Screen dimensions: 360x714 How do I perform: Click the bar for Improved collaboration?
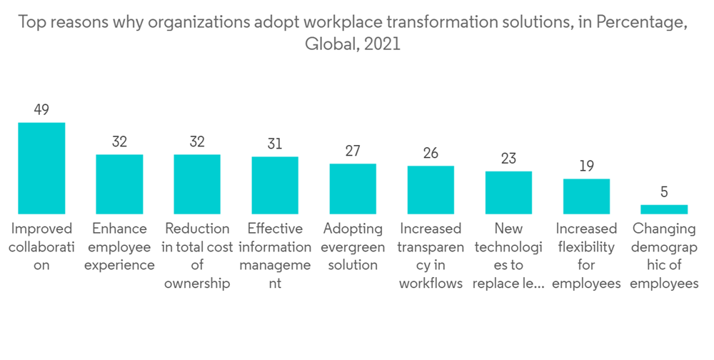(x=41, y=168)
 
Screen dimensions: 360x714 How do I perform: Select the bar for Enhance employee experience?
(x=119, y=184)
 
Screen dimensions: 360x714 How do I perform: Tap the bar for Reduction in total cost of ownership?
(x=197, y=184)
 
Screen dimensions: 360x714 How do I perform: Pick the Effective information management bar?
(x=275, y=185)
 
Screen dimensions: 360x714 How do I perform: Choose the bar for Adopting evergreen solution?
(x=353, y=189)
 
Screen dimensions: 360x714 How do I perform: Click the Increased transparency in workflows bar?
(x=431, y=189)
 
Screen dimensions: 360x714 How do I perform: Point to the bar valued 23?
(x=508, y=192)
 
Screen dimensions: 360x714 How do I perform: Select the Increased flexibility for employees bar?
(x=586, y=196)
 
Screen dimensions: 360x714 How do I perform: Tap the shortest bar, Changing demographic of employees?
(x=664, y=209)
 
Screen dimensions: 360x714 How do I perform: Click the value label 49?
(x=41, y=110)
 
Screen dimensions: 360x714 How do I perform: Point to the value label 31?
(x=275, y=144)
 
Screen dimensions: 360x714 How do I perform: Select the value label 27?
(x=353, y=151)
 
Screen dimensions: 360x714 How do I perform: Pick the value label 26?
(x=431, y=153)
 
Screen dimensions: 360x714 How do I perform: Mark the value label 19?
(x=586, y=166)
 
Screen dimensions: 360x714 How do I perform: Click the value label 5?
(x=664, y=192)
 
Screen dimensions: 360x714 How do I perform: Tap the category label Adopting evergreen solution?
(x=353, y=246)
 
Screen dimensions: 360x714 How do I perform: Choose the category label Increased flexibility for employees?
(x=586, y=256)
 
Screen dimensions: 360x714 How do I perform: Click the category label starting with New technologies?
(x=508, y=256)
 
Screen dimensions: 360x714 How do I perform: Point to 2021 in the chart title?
(x=382, y=44)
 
